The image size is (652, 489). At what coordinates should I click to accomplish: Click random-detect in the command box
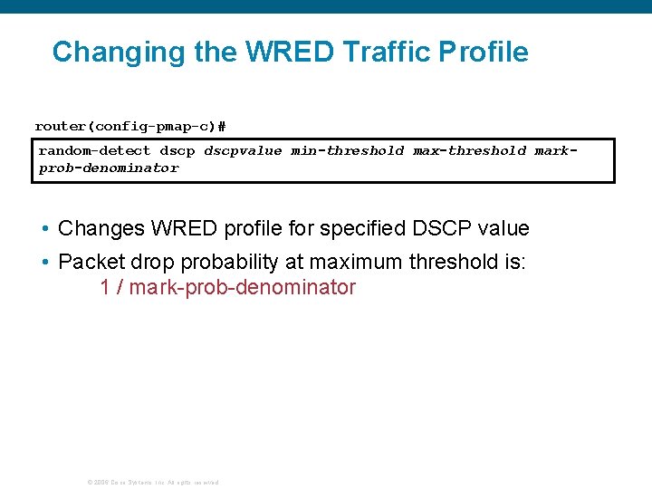point(94,151)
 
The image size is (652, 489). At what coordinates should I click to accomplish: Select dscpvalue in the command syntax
point(243,151)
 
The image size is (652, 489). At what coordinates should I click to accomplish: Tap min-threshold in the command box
point(348,151)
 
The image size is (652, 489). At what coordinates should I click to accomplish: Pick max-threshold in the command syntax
point(469,151)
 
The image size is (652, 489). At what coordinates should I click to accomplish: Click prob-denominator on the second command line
point(109,168)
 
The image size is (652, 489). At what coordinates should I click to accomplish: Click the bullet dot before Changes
point(45,229)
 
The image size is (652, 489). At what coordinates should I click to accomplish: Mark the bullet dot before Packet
point(45,263)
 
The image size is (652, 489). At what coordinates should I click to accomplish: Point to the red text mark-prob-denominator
point(243,288)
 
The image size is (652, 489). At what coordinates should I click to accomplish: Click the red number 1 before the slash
point(105,288)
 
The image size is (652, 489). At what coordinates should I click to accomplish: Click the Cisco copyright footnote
point(152,482)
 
